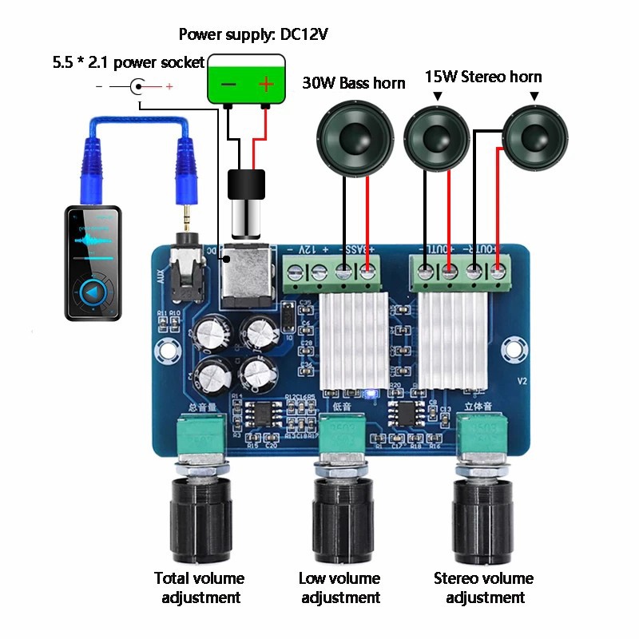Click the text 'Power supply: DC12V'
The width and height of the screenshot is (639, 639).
click(x=253, y=34)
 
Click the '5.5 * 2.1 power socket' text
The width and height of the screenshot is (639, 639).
click(x=129, y=62)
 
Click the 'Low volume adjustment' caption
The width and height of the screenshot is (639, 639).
click(x=339, y=587)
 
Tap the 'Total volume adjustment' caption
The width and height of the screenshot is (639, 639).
click(x=200, y=587)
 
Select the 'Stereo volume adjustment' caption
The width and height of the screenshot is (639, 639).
click(x=484, y=587)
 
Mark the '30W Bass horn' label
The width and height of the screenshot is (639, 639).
click(x=354, y=83)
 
